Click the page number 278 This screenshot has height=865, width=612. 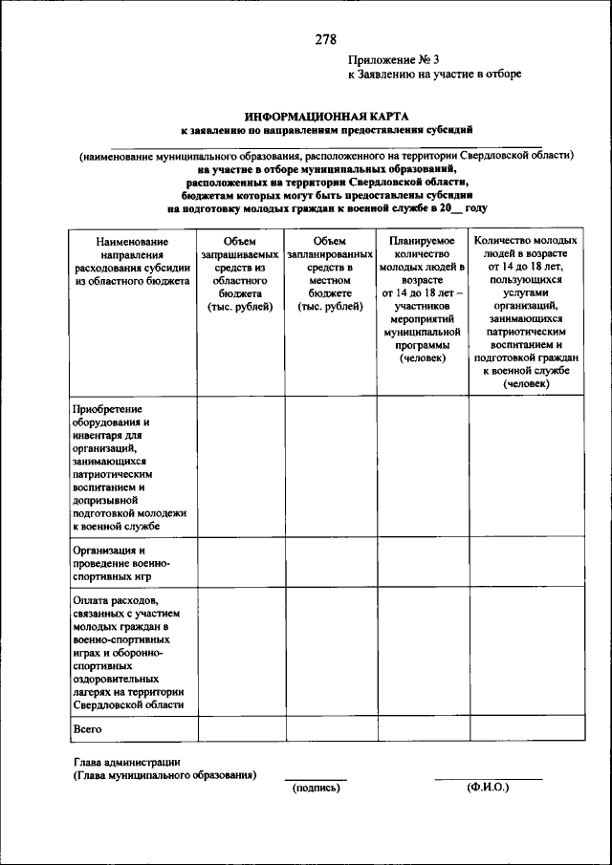pyautogui.click(x=325, y=40)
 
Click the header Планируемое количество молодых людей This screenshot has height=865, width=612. pyautogui.click(x=422, y=299)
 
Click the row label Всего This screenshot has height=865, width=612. pyautogui.click(x=89, y=728)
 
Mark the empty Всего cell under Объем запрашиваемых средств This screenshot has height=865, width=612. pyautogui.click(x=240, y=728)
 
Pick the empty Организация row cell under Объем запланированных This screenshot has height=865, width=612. pyautogui.click(x=330, y=564)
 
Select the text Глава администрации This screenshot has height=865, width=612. pyautogui.click(x=126, y=762)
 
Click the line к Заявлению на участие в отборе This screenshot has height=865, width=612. pyautogui.click(x=434, y=75)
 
